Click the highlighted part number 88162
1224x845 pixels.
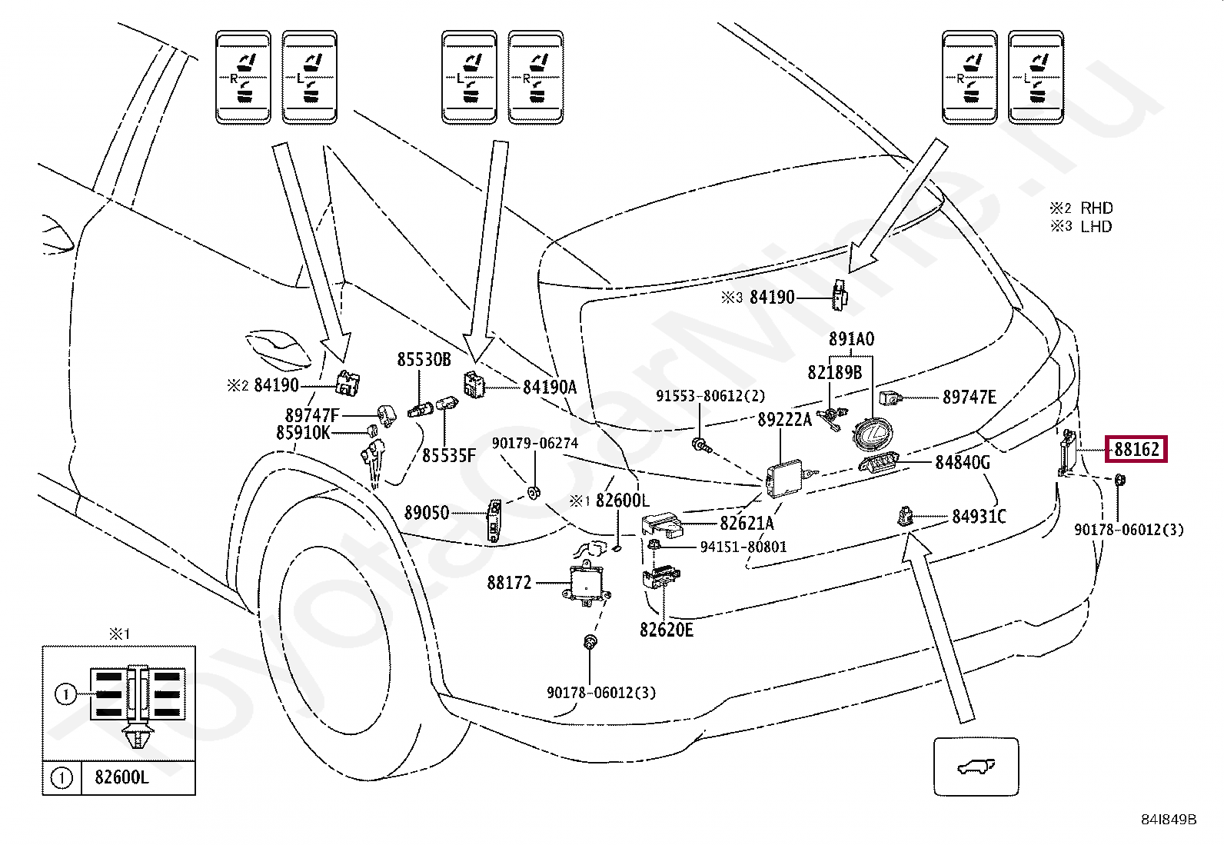1136,449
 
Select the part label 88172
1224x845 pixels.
509,583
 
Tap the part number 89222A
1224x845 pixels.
784,419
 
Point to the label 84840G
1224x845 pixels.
963,462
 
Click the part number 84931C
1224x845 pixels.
979,517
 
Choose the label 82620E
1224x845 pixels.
666,630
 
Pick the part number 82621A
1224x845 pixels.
747,524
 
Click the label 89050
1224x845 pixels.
427,513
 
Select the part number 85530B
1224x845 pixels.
424,359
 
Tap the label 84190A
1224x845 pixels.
550,388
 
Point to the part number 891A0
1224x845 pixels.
851,339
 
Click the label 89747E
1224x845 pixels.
969,398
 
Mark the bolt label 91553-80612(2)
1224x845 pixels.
710,396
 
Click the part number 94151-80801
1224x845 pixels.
743,547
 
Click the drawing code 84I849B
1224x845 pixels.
1169,820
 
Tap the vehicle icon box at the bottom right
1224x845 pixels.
976,767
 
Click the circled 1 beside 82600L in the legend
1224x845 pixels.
62,777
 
